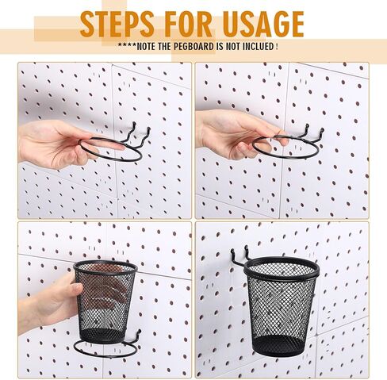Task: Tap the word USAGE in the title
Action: click(x=259, y=25)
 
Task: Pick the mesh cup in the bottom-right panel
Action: click(x=281, y=305)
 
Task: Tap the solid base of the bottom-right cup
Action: click(x=279, y=346)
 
